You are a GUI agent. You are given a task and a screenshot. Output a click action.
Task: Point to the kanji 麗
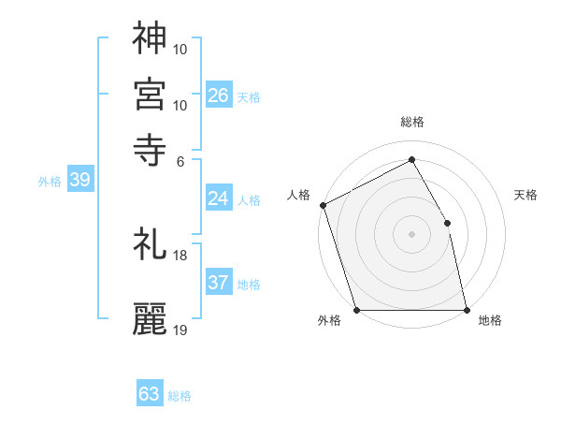pyautogui.click(x=150, y=318)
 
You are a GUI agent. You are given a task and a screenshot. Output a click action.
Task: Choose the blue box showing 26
pyautogui.click(x=219, y=95)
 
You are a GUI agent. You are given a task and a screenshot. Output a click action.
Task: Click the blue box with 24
pyautogui.click(x=219, y=198)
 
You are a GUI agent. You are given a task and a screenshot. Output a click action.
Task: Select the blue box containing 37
pyautogui.click(x=219, y=284)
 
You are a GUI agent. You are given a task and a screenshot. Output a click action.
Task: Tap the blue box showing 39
pyautogui.click(x=79, y=181)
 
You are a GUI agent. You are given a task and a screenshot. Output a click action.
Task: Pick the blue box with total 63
pyautogui.click(x=150, y=394)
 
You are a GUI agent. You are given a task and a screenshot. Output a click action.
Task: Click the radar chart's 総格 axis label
pyautogui.click(x=411, y=122)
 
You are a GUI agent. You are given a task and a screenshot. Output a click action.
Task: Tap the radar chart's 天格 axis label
pyautogui.click(x=526, y=195)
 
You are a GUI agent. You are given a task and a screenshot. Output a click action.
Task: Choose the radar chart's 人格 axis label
pyautogui.click(x=299, y=195)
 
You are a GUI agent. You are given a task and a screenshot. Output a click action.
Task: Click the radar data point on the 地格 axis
pyautogui.click(x=467, y=310)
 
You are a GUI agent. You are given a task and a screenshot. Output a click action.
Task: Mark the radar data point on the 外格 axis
pyautogui.click(x=356, y=310)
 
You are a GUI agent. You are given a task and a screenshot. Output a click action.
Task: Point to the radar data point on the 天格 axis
pyautogui.click(x=447, y=223)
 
